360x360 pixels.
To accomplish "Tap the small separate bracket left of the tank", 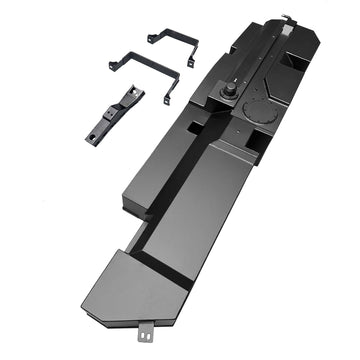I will (x=115, y=111).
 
